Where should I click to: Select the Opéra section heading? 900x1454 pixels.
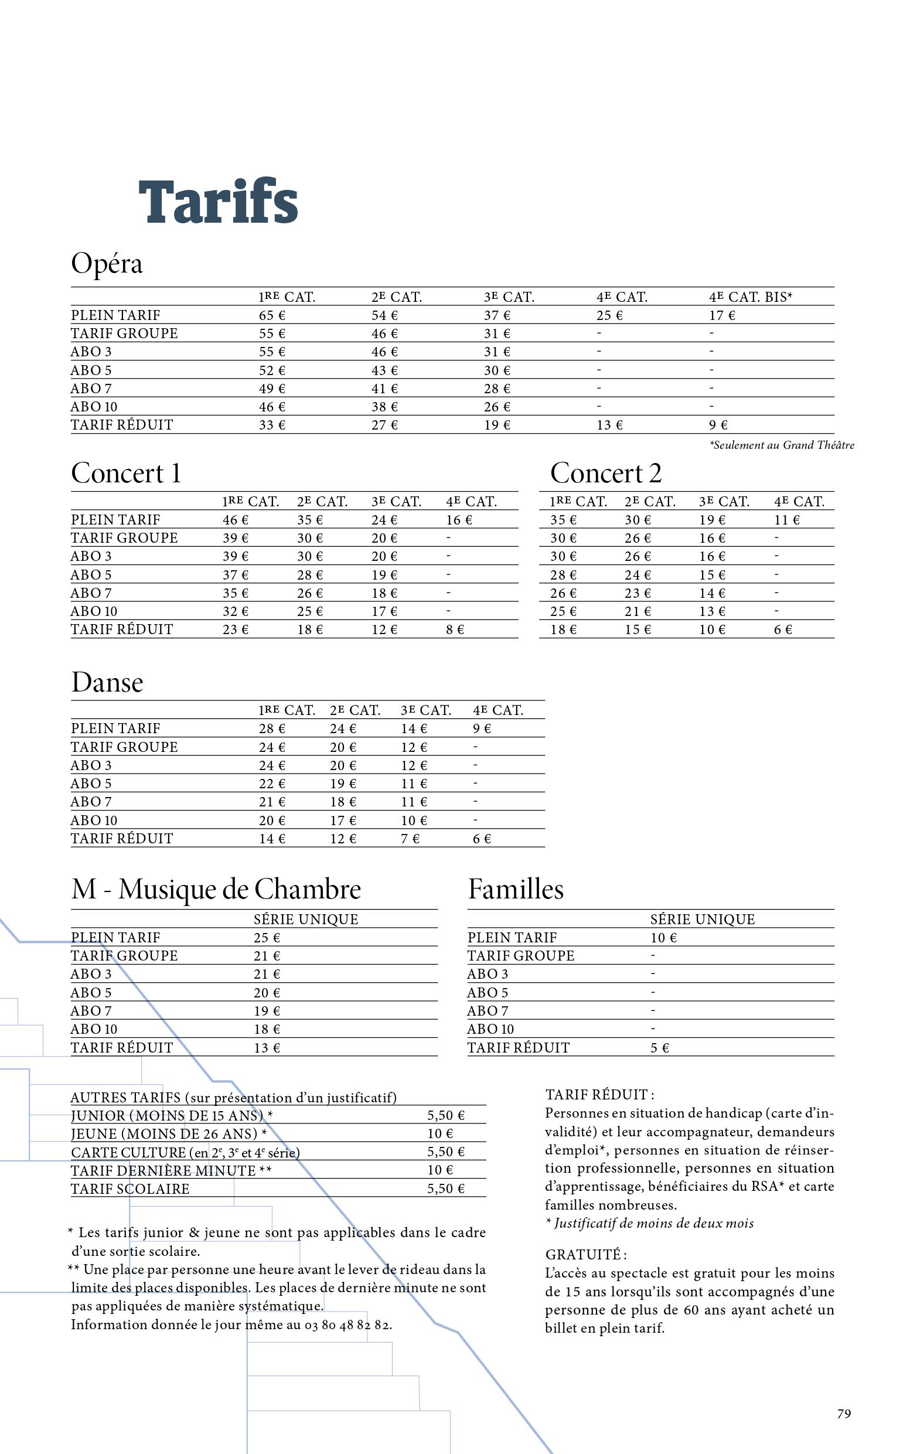tap(107, 264)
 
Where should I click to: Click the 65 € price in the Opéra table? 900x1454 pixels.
tap(271, 315)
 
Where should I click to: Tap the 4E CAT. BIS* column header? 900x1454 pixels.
tap(750, 297)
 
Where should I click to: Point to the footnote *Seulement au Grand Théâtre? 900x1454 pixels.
tap(782, 445)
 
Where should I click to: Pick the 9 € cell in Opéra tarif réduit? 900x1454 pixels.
tap(718, 425)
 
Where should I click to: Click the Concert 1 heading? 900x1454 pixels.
tap(125, 474)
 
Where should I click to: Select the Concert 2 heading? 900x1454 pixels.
tap(605, 474)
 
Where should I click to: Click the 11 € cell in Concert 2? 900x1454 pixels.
tap(786, 520)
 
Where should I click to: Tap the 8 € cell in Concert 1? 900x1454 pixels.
tap(455, 629)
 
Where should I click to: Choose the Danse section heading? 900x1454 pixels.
tap(107, 683)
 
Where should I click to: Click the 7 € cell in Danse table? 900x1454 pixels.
tap(410, 839)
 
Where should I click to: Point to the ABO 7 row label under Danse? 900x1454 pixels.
tap(91, 802)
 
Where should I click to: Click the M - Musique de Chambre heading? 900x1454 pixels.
tap(216, 890)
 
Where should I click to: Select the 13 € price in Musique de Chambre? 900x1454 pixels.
tap(267, 1048)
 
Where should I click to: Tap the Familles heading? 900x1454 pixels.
tap(516, 890)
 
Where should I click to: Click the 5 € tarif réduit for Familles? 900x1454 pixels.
tap(660, 1048)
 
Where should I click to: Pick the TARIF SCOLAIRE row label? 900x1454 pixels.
tap(129, 1189)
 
